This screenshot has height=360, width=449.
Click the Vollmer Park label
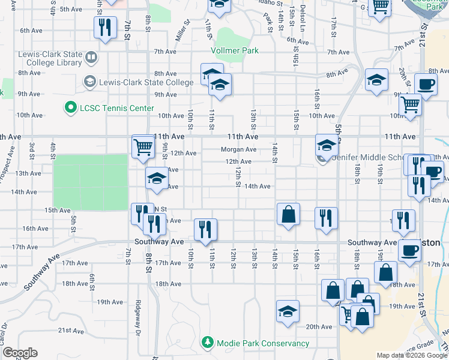click(x=235, y=51)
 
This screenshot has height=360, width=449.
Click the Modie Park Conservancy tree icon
click(x=208, y=343)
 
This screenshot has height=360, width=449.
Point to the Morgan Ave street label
click(x=238, y=149)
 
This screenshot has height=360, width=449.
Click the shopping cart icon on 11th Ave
click(x=143, y=146)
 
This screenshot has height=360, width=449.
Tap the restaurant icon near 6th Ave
click(x=105, y=28)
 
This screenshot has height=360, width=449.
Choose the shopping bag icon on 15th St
click(x=288, y=214)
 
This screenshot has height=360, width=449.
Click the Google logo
click(x=20, y=353)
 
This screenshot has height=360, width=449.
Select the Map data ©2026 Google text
click(x=412, y=355)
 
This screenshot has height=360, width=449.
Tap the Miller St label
click(x=182, y=30)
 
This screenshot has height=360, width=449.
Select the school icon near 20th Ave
click(x=288, y=311)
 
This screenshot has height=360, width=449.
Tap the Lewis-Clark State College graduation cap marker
click(x=89, y=81)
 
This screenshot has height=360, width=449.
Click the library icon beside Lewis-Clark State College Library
click(x=91, y=58)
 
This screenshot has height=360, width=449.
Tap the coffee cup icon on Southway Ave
click(x=410, y=251)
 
